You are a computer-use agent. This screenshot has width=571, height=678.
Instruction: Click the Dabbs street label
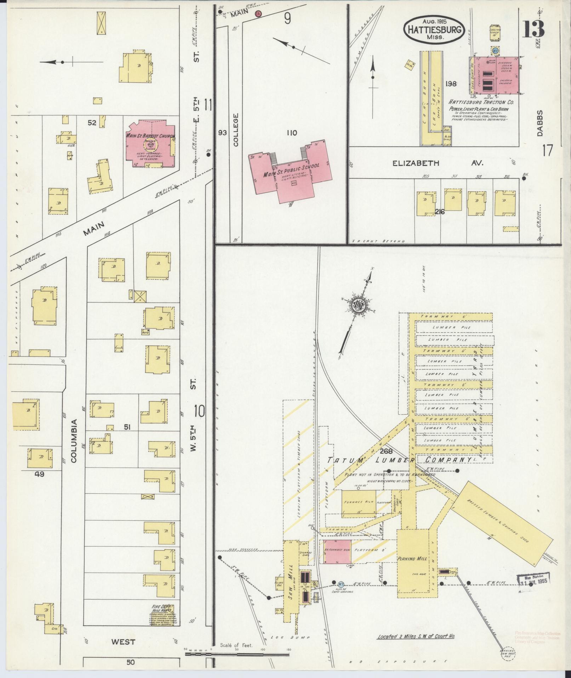tap(539, 128)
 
